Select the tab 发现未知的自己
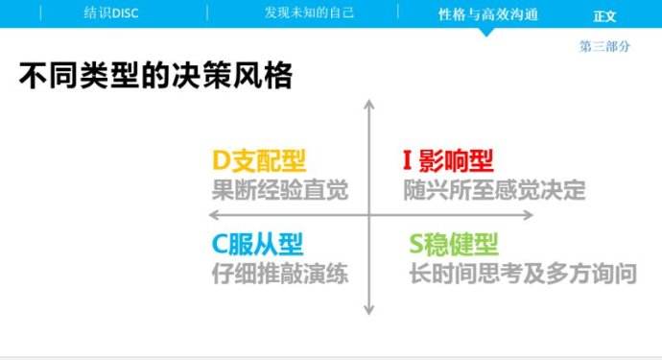tap(309, 13)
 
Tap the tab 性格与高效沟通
tap(487, 14)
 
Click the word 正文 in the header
tap(604, 15)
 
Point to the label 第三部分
tap(604, 46)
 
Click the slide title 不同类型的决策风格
tap(155, 77)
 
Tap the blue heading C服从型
tap(262, 245)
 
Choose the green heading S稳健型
tap(454, 245)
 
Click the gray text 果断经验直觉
tap(280, 189)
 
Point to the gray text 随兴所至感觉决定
tap(494, 189)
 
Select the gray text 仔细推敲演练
tap(280, 274)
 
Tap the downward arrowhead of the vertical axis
tap(368, 309)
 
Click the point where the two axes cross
tap(368, 215)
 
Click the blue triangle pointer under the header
tap(487, 32)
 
